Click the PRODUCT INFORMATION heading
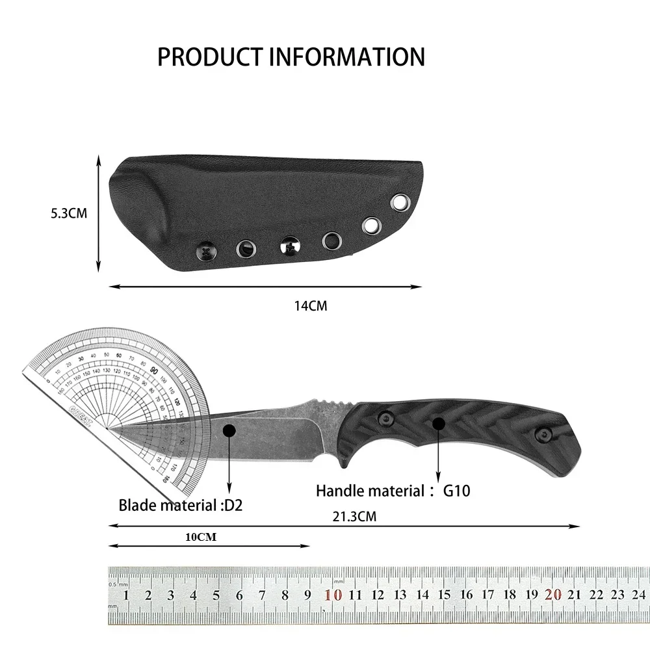point(291,57)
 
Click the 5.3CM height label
point(68,213)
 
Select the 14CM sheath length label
point(310,305)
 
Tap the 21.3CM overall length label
point(354,517)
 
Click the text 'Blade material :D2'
point(180,505)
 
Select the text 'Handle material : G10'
point(393,491)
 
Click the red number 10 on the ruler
point(333,594)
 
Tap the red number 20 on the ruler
point(554,594)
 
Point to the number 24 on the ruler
point(638,594)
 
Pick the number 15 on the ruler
point(444,594)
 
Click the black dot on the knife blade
point(229,430)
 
